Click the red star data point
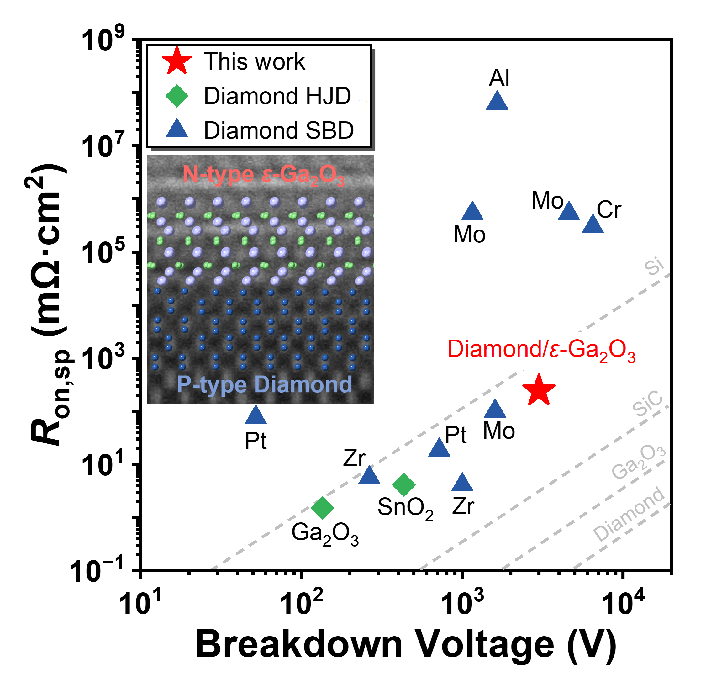[538, 390]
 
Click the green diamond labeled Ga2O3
[322, 508]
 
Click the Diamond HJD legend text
[277, 96]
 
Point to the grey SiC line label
[648, 404]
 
